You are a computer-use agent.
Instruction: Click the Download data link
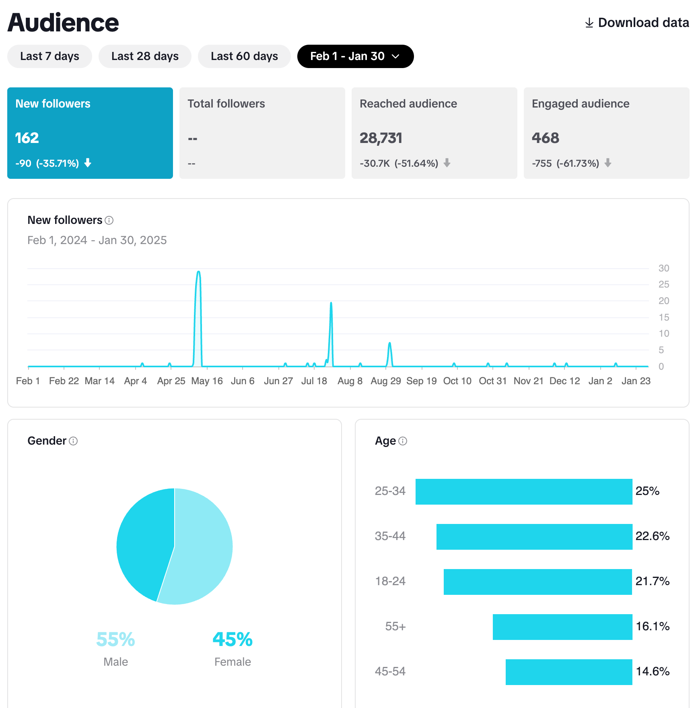pos(637,23)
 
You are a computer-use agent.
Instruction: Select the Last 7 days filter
pos(49,56)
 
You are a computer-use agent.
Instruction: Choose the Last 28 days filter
pos(145,56)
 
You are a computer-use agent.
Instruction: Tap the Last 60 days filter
pos(244,56)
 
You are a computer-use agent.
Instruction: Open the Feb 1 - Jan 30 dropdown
pos(355,56)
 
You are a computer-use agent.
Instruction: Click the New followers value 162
pos(27,138)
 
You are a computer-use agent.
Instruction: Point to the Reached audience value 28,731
pos(381,138)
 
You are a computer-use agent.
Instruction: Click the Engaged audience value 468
pos(545,138)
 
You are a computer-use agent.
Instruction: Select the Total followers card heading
pos(226,104)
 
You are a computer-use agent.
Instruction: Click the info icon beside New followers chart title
pos(109,220)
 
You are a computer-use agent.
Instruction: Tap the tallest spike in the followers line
pos(198,273)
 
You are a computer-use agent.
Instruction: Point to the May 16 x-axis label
pos(207,381)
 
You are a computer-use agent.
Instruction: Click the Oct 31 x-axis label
pos(492,381)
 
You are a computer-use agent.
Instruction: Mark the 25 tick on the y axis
pos(664,285)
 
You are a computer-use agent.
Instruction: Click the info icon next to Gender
pos(73,441)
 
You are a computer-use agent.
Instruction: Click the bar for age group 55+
pos(562,627)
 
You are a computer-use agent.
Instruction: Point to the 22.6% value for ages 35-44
pos(652,536)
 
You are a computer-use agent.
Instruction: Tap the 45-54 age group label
pos(390,671)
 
